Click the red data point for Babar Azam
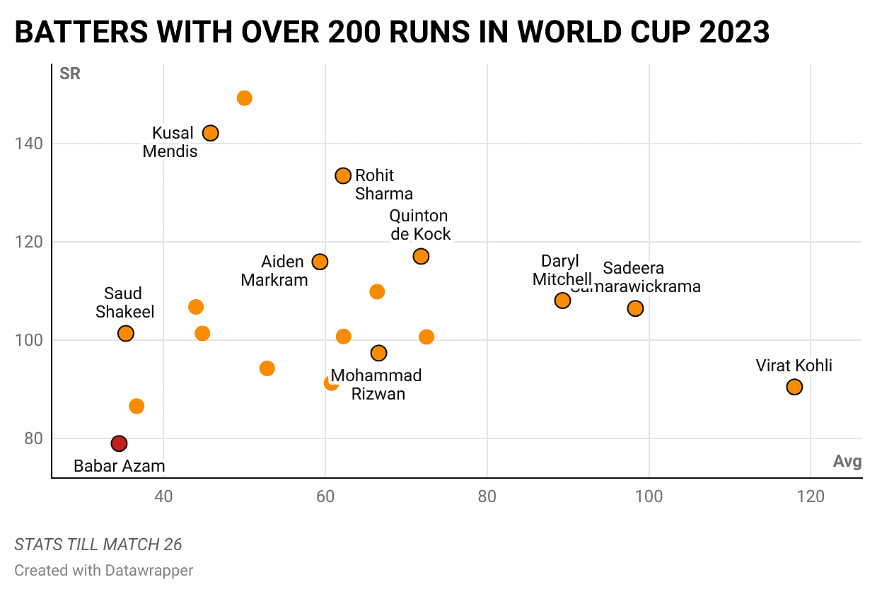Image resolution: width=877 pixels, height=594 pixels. pyautogui.click(x=119, y=443)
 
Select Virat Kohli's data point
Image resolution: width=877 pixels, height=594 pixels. pyautogui.click(x=794, y=387)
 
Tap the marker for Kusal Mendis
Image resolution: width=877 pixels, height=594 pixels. pyautogui.click(x=210, y=133)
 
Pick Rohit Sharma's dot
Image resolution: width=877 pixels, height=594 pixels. pyautogui.click(x=343, y=175)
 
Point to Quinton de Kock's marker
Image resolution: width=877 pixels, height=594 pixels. pyautogui.click(x=421, y=256)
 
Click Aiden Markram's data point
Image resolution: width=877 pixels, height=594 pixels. pyautogui.click(x=320, y=262)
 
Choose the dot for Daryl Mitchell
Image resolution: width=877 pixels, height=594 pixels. pyautogui.click(x=562, y=301)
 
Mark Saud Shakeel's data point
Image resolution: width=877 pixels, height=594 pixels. pyautogui.click(x=126, y=333)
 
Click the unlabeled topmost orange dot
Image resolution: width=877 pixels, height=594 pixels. pyautogui.click(x=244, y=98)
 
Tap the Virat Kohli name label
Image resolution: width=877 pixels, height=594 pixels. pyautogui.click(x=794, y=366)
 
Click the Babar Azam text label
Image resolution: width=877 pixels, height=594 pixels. pyautogui.click(x=120, y=466)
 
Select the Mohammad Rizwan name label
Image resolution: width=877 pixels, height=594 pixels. pyautogui.click(x=376, y=385)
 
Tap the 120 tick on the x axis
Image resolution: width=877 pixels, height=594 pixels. pyautogui.click(x=811, y=496)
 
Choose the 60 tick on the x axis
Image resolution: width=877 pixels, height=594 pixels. pyautogui.click(x=325, y=496)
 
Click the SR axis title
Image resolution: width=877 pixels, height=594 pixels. pyautogui.click(x=70, y=74)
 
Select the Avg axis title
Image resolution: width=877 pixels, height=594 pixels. pyautogui.click(x=847, y=462)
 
